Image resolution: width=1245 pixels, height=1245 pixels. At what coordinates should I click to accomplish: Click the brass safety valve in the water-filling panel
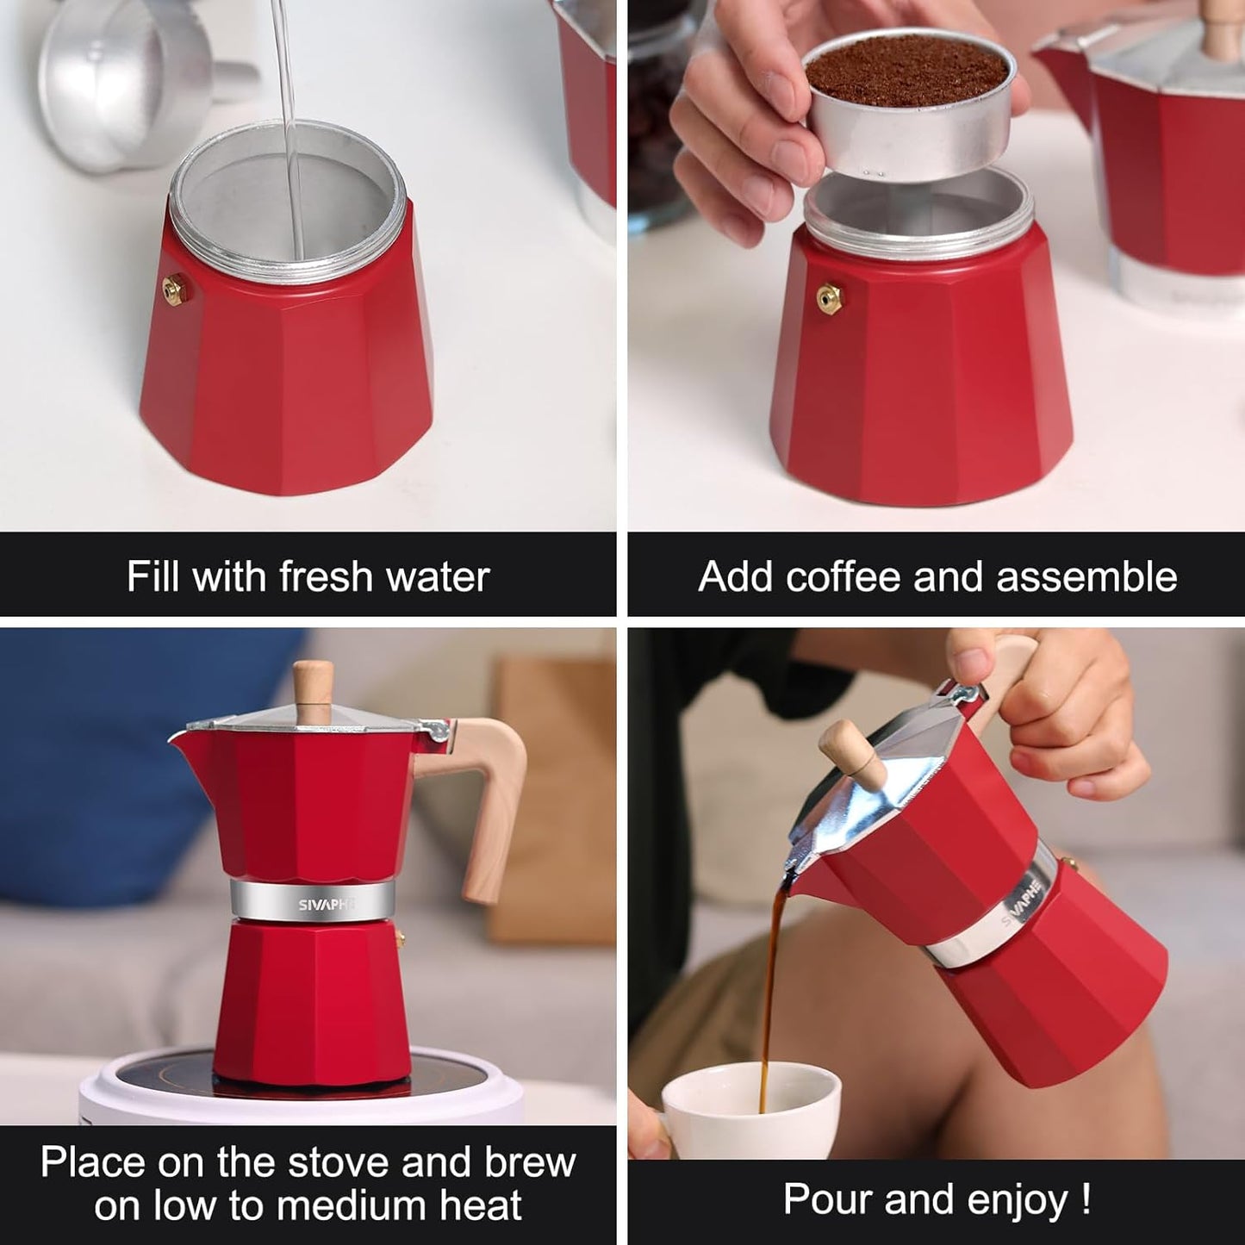pos(176,288)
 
